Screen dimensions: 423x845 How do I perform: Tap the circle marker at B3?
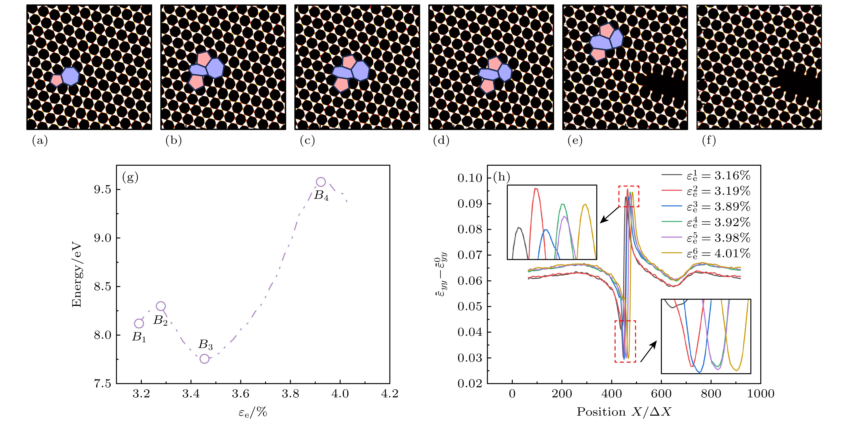204,358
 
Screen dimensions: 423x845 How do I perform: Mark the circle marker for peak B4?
321,182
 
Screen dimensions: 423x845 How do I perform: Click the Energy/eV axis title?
76,275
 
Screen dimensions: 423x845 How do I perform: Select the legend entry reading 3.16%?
705,176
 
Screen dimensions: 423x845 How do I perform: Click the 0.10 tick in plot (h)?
470,178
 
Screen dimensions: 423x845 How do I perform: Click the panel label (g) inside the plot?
130,177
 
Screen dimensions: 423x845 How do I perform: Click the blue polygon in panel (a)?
70,76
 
